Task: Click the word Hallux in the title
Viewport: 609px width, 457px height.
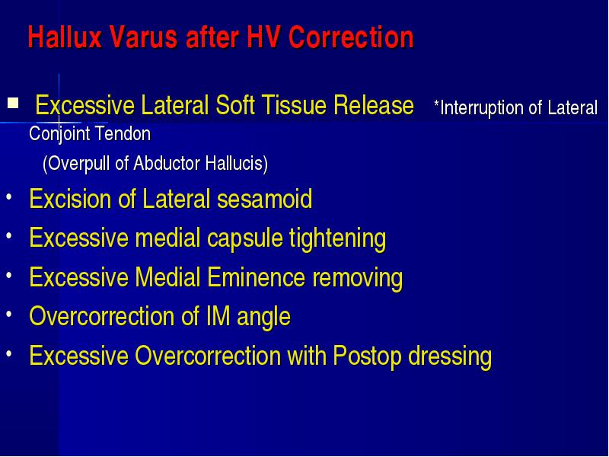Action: (x=65, y=37)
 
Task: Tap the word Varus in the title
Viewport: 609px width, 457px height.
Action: (x=143, y=37)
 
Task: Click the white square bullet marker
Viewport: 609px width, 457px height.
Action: (x=13, y=103)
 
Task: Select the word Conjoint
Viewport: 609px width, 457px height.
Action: (x=59, y=135)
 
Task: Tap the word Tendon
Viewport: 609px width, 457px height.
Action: (x=123, y=134)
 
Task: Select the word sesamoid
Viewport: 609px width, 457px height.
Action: (x=264, y=199)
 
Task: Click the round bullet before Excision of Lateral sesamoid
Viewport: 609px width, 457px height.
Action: (x=9, y=197)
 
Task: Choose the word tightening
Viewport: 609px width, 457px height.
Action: (x=337, y=238)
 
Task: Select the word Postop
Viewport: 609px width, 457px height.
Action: (x=367, y=356)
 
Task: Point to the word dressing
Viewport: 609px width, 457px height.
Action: (x=450, y=356)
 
